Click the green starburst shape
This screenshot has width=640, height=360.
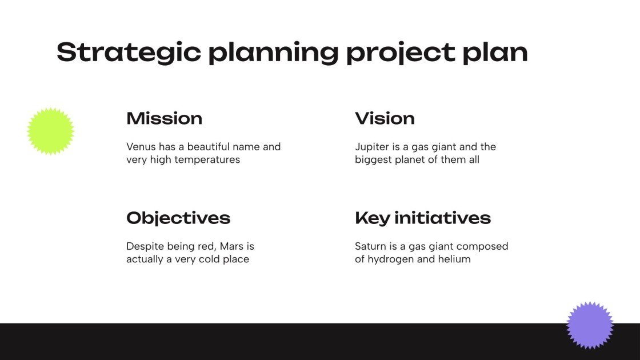point(51,131)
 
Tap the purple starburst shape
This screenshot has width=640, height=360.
point(590,325)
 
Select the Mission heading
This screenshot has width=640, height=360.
point(164,118)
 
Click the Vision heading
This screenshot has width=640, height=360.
point(385,118)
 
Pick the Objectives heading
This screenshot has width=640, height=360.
point(178,218)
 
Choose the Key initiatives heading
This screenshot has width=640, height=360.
point(422,218)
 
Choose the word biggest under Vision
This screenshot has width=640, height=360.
point(374,160)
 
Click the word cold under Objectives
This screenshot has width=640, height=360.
point(212,259)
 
